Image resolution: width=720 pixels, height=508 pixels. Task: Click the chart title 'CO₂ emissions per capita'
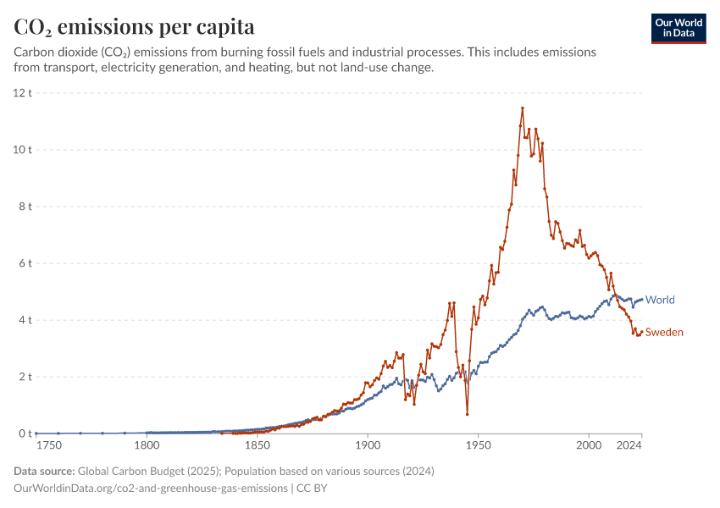(134, 26)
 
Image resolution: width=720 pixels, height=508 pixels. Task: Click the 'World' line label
(660, 300)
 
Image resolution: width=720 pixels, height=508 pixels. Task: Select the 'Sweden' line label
(664, 332)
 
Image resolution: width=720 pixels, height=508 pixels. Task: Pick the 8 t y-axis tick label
(25, 206)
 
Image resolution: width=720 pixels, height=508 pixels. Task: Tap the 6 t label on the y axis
(25, 263)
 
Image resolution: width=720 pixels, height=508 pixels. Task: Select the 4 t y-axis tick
(25, 320)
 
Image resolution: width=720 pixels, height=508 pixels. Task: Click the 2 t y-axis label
(25, 377)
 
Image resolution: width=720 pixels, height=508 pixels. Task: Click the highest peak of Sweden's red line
(523, 108)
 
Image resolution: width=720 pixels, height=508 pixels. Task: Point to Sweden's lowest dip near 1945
(467, 414)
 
